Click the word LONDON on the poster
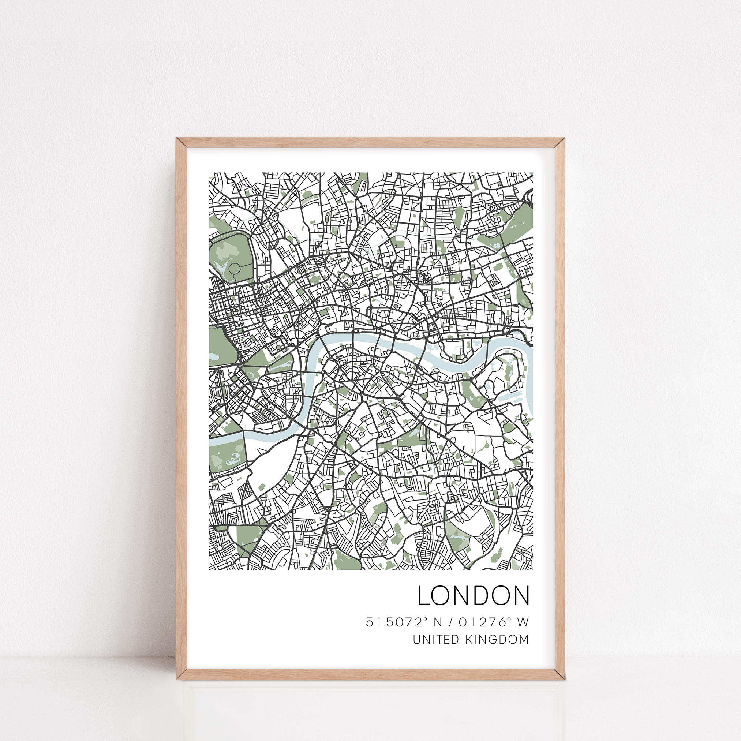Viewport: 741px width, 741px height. [474, 596]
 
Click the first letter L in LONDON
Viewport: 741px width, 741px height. [424, 596]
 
